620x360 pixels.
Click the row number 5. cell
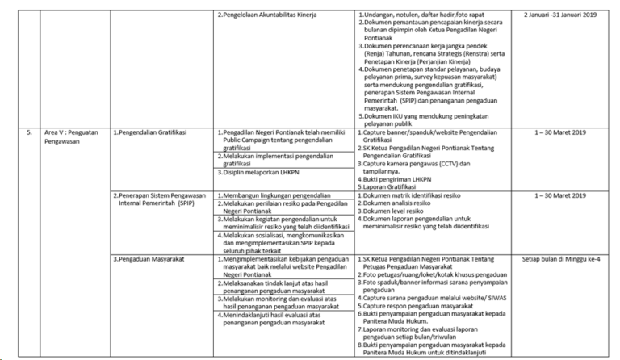point(29,130)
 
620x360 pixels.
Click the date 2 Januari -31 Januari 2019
point(565,15)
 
